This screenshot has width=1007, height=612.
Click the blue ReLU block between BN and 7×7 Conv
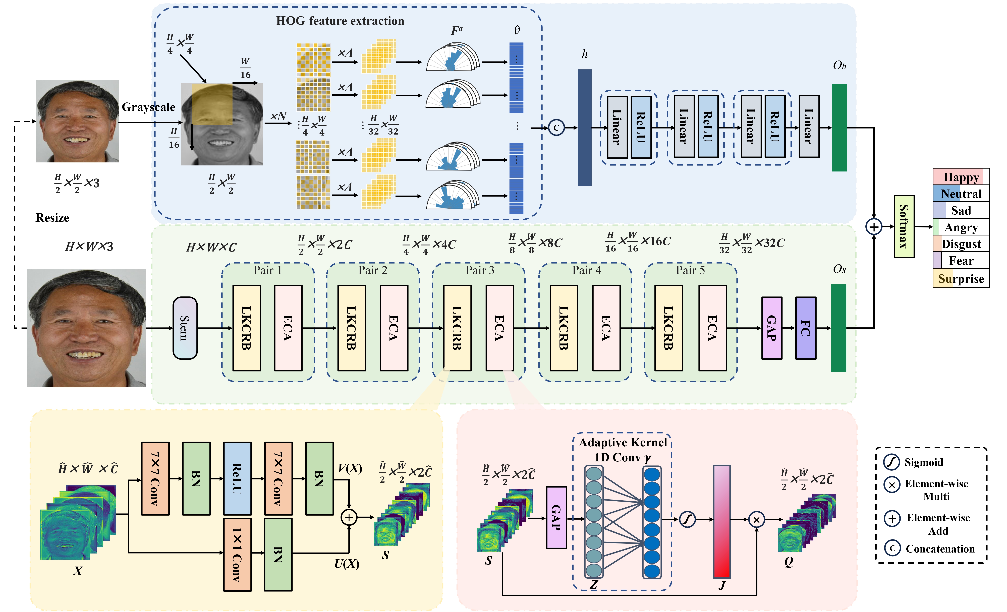click(237, 478)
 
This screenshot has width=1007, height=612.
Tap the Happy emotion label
click(961, 177)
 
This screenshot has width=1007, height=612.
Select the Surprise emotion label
click(961, 279)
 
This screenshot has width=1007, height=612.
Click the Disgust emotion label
click(961, 244)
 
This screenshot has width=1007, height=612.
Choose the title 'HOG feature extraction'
click(340, 21)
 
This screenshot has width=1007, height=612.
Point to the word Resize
click(52, 217)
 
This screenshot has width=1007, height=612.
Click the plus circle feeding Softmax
click(874, 226)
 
